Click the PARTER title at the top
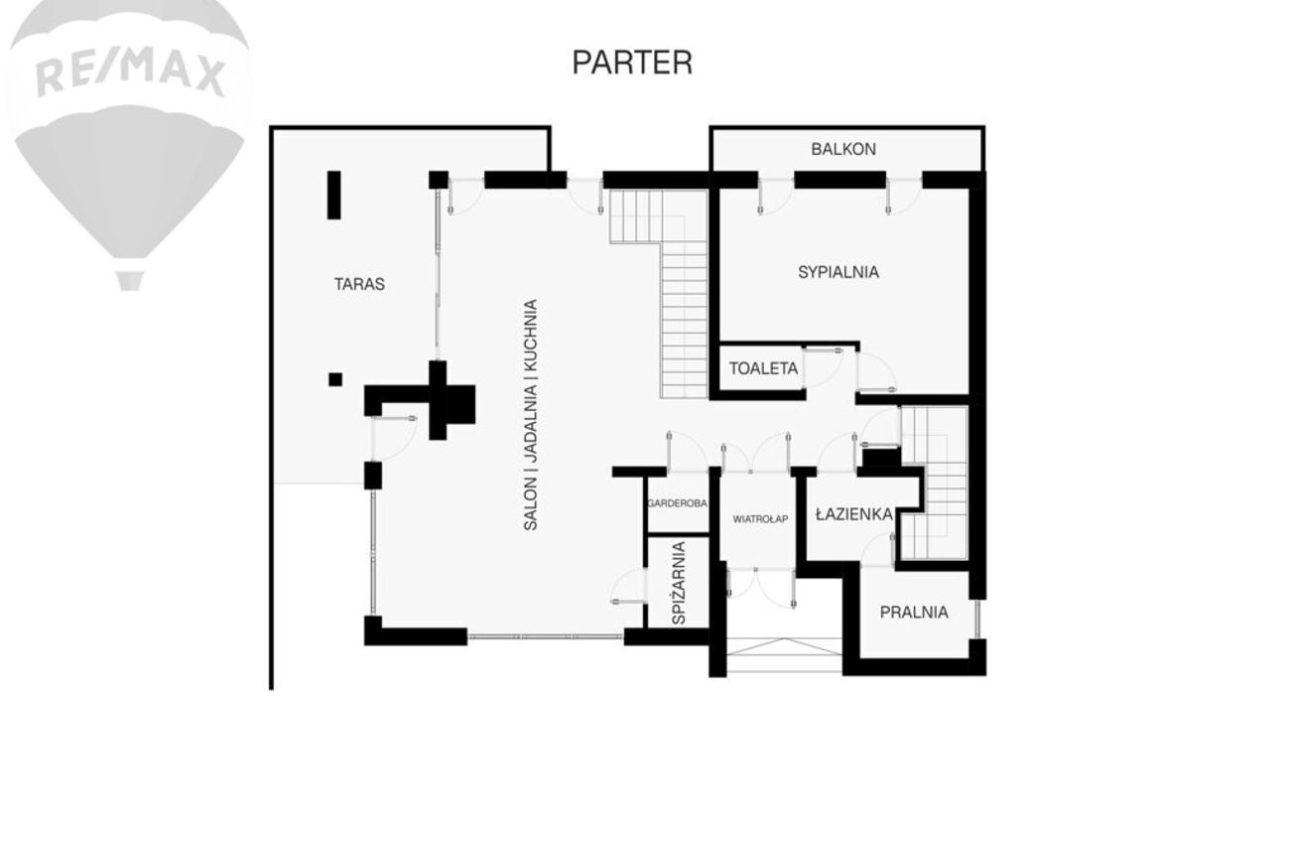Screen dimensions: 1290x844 (632, 63)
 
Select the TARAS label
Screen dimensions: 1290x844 (359, 284)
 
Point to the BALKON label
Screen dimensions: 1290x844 (843, 149)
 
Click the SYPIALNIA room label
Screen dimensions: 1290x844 (838, 272)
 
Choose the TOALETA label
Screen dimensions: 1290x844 (764, 368)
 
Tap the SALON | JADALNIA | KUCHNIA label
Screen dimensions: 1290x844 (531, 415)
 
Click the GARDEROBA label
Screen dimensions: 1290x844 (678, 503)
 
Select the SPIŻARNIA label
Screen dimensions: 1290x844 (679, 583)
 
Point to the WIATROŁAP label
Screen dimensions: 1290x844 (760, 519)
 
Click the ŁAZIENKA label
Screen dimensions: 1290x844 (854, 514)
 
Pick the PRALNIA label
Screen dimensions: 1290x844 (914, 612)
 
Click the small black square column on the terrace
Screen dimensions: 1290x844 (335, 379)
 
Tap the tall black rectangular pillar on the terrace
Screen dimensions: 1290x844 (334, 195)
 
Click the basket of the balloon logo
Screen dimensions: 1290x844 (129, 281)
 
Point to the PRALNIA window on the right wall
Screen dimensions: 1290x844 (976, 619)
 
